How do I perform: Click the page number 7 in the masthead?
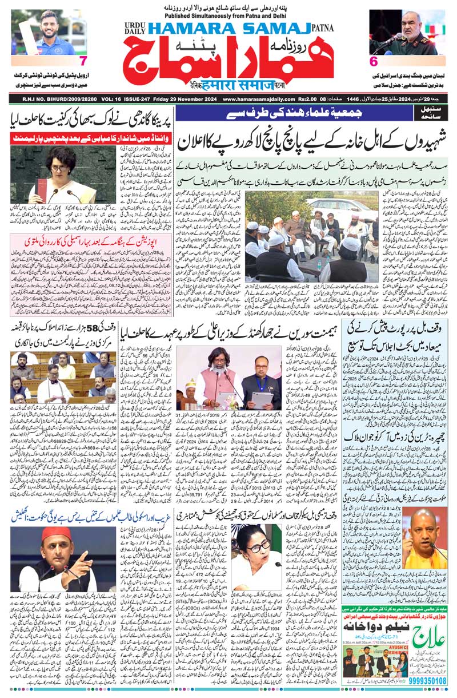point(83,61)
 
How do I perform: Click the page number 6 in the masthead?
point(374,61)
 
